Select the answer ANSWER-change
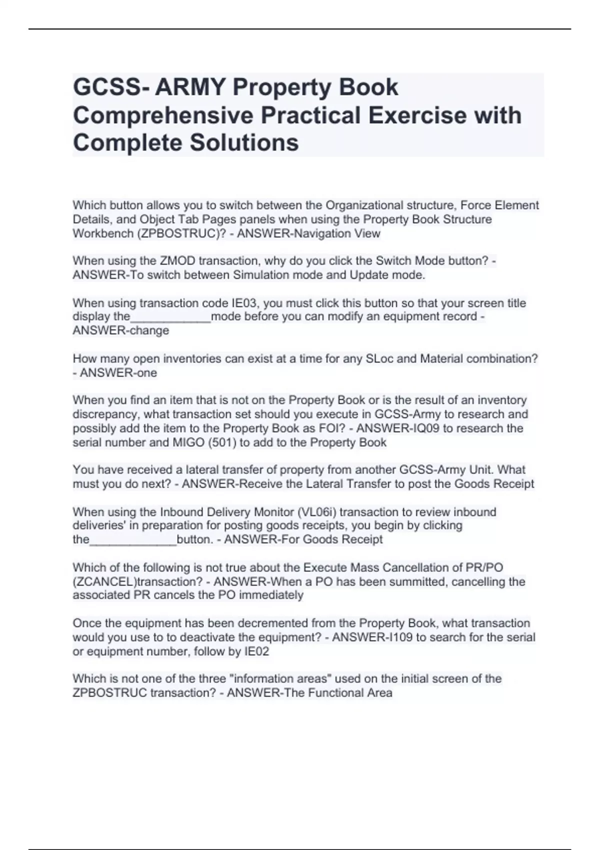(121, 330)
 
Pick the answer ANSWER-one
(118, 373)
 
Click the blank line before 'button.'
(133, 540)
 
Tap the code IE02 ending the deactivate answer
(255, 652)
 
